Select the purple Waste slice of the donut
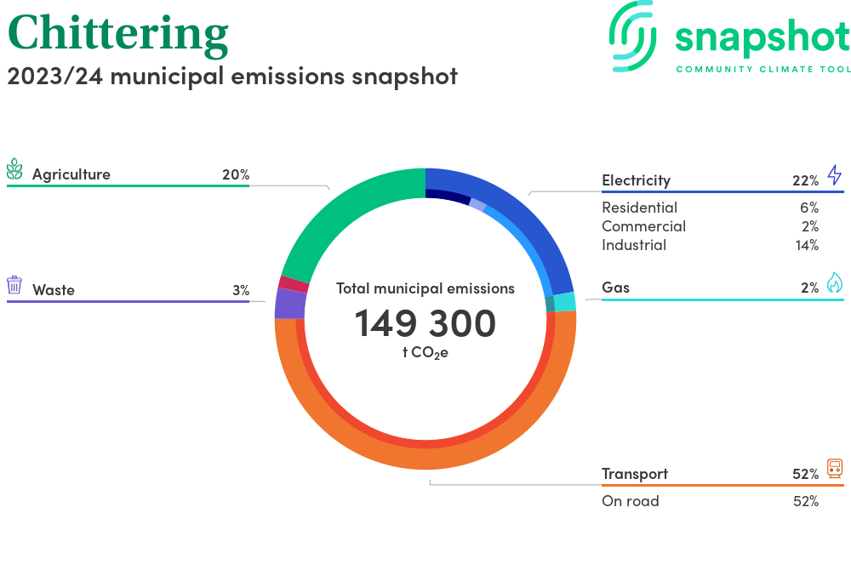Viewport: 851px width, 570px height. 289,304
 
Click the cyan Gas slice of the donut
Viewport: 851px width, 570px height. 565,302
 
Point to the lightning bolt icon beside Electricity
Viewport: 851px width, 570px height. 834,176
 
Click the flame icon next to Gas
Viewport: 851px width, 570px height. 834,283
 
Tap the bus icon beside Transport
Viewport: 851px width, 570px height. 834,469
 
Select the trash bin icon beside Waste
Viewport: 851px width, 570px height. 14,285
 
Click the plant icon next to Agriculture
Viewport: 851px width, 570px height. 14,169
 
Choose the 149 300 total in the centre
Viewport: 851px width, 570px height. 425,324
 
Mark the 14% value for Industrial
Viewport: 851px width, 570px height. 805,245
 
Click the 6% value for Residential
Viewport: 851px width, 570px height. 808,208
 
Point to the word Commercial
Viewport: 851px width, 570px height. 643,226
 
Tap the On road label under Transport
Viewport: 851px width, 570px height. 630,501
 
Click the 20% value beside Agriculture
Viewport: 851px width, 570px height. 235,174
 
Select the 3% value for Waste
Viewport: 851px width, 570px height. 240,290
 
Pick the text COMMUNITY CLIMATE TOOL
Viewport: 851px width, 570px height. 762,69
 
